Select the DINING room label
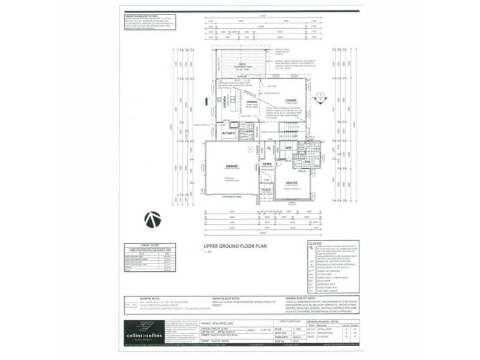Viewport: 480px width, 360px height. tap(252, 102)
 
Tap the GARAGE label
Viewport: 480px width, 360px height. tap(232, 166)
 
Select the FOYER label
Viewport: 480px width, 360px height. tap(267, 163)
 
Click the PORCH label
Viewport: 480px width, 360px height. tap(267, 190)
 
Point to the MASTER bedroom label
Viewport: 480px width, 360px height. tap(292, 182)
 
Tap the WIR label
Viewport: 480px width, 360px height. tap(288, 147)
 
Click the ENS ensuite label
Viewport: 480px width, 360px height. tap(307, 161)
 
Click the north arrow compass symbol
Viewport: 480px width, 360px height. tap(152, 220)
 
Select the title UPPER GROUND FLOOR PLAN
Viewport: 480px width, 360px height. tap(232, 246)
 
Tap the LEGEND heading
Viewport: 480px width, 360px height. tap(315, 244)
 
